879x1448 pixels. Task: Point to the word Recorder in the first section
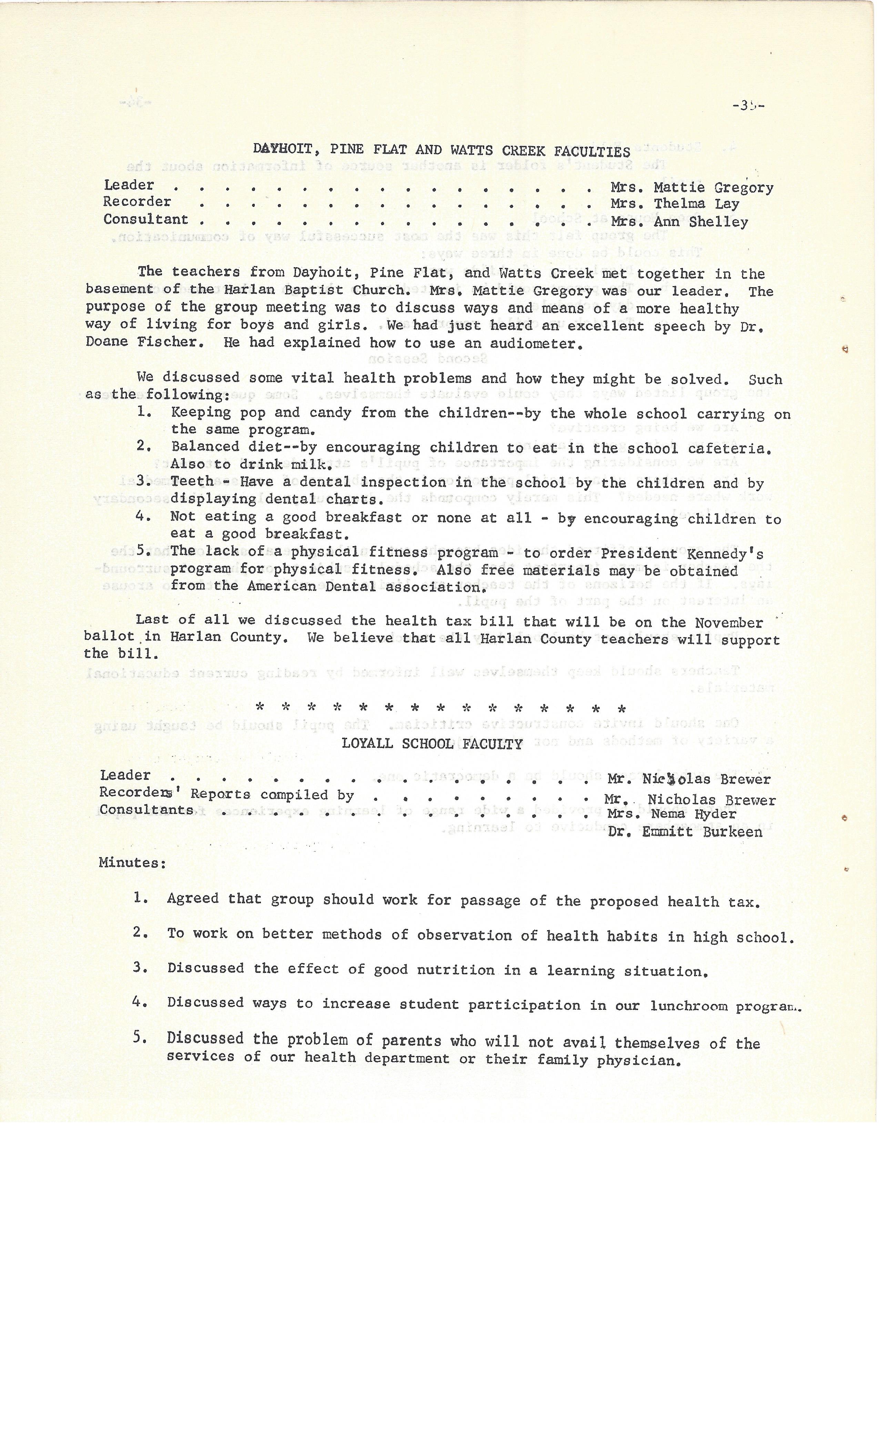(137, 202)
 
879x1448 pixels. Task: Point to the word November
(729, 623)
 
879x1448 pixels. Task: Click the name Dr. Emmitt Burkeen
(685, 832)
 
